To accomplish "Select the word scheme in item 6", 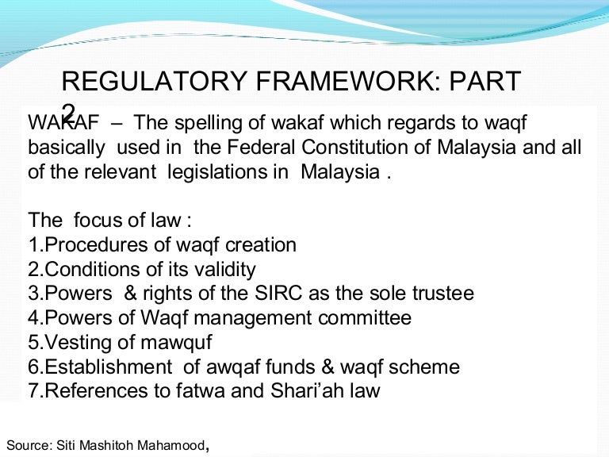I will pyautogui.click(x=427, y=367).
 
